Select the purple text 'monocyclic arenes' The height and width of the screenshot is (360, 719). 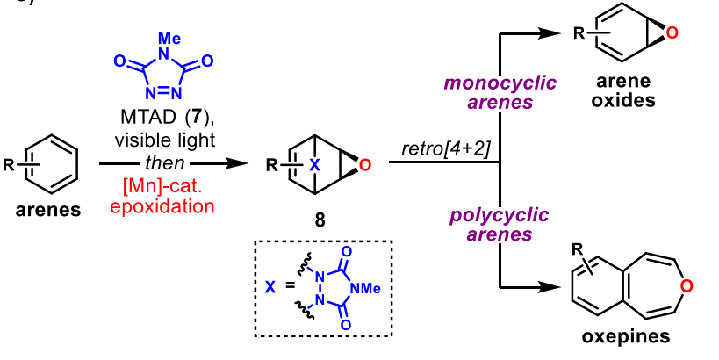(499, 93)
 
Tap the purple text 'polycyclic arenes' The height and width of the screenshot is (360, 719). (500, 225)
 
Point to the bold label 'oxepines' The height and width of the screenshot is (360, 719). (622, 336)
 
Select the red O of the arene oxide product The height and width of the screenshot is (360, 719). (672, 34)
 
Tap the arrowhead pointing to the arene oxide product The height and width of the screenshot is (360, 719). (552, 32)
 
